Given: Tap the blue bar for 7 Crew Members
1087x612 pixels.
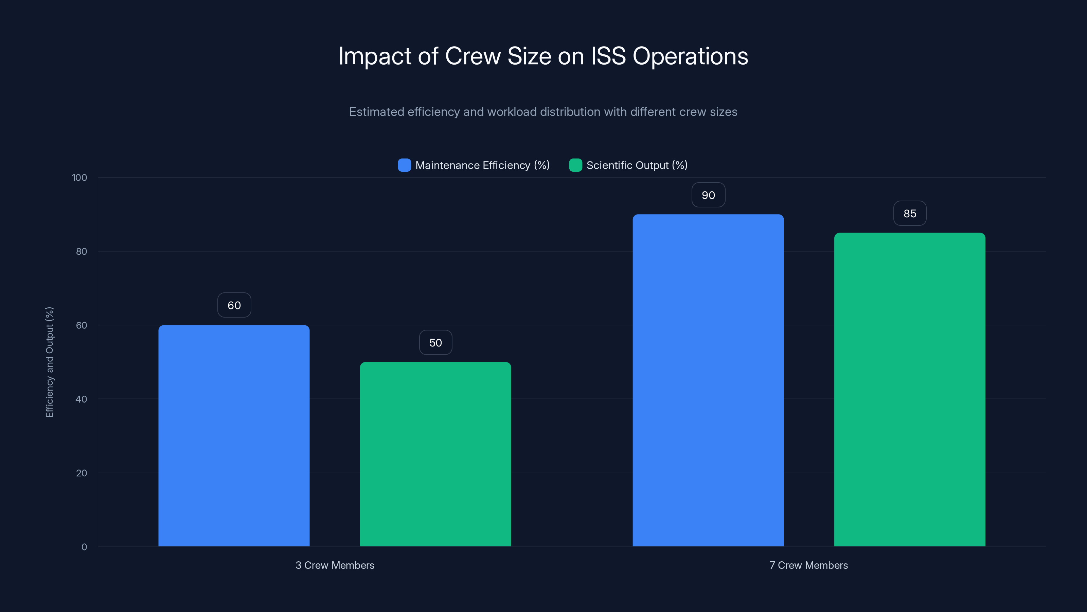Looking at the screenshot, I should pos(708,380).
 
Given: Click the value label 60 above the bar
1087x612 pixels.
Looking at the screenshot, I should pos(234,305).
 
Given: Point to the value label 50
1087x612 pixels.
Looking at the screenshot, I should pos(435,342).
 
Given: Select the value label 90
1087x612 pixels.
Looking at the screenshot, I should pos(708,195).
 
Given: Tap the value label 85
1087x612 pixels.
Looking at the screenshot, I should pos(909,213).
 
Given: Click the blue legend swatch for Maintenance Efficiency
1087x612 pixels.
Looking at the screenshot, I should pos(404,165).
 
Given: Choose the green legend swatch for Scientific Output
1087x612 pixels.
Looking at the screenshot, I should pos(575,165).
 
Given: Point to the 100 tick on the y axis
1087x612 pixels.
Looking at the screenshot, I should pos(79,177).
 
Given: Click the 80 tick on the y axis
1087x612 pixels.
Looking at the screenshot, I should pos(82,251).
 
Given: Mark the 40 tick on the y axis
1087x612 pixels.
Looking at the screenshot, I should pos(82,399).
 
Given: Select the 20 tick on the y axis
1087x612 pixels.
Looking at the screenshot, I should pos(82,473).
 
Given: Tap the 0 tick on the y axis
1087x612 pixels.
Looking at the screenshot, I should pos(84,547).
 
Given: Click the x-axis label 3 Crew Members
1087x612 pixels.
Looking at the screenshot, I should pos(335,565).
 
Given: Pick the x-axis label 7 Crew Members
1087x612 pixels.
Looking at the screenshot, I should pos(808,565).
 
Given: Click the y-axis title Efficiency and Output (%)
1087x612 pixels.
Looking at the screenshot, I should pos(49,362).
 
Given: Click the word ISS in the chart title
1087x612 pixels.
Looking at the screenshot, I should pos(608,56).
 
